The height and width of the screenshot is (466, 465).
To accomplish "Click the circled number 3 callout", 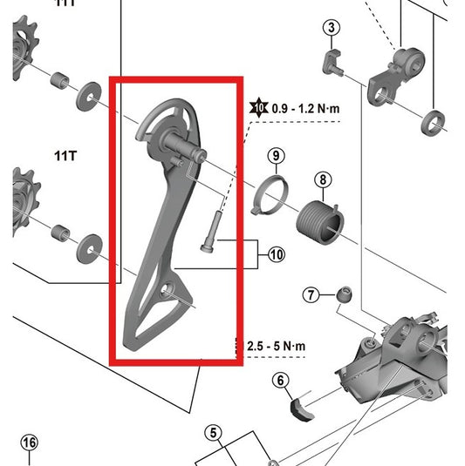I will pyautogui.click(x=331, y=28).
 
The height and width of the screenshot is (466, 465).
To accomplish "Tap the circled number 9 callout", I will pyautogui.click(x=276, y=157).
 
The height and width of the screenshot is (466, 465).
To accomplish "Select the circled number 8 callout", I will pyautogui.click(x=323, y=180).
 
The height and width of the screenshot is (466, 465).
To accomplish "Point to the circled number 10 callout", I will pyautogui.click(x=277, y=255).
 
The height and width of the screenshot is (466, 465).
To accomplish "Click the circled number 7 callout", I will pyautogui.click(x=311, y=295).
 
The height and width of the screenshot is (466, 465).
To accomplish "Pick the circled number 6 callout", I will pyautogui.click(x=280, y=380).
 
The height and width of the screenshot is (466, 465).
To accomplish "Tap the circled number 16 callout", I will pyautogui.click(x=30, y=442).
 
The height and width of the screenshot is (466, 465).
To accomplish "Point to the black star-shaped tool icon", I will pyautogui.click(x=258, y=109).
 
